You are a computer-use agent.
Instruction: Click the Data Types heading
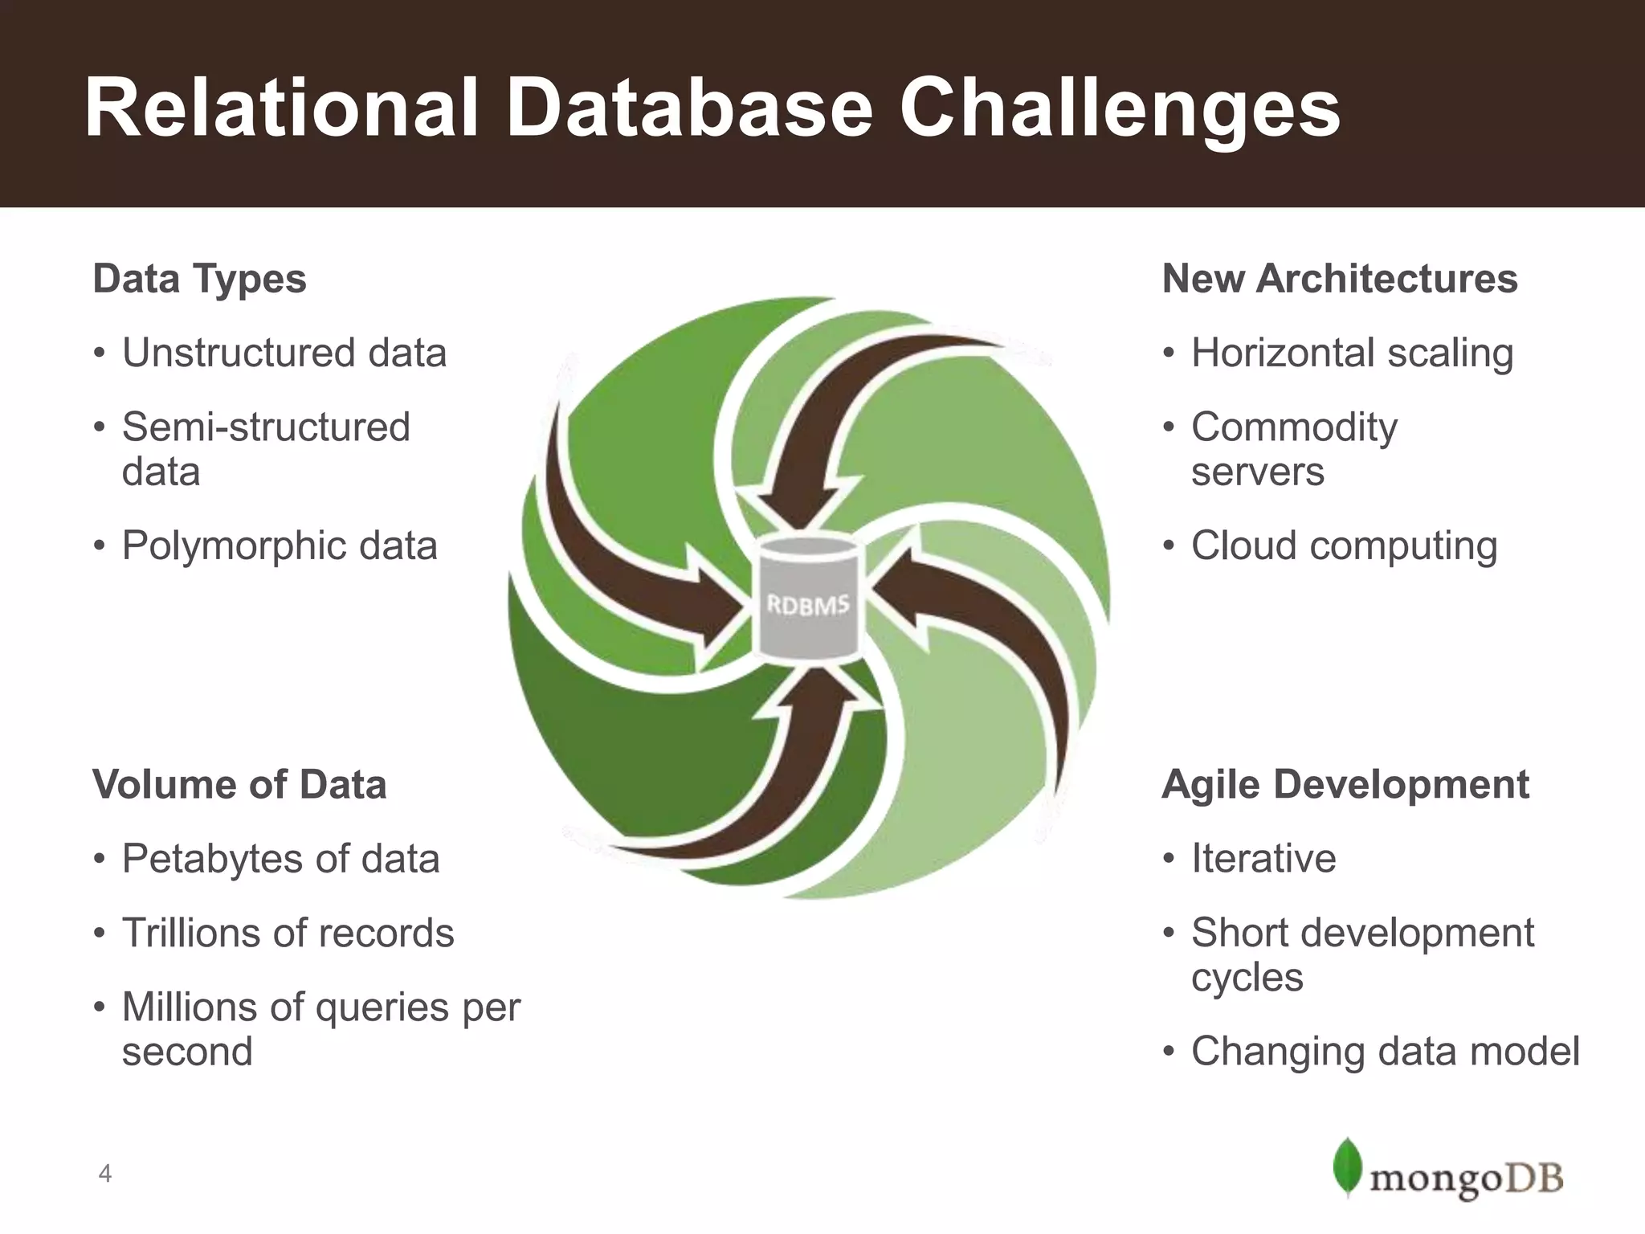click(x=199, y=279)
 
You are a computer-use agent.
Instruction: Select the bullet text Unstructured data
click(x=284, y=353)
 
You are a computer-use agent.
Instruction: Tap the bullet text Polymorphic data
click(x=280, y=545)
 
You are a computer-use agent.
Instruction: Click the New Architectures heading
click(x=1340, y=279)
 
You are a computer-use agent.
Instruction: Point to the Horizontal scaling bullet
click(x=1352, y=353)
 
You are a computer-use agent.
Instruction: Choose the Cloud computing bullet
click(x=1344, y=545)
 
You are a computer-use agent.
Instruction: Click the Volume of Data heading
click(x=239, y=784)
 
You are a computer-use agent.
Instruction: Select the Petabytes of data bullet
click(x=280, y=858)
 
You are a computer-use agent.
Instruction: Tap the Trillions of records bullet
click(x=288, y=933)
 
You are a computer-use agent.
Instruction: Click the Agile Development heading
click(x=1345, y=784)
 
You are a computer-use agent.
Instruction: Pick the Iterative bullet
click(x=1263, y=858)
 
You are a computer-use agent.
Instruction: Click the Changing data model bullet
click(x=1385, y=1051)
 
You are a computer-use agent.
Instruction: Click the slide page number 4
click(x=104, y=1174)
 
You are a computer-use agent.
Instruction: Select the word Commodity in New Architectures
click(x=1294, y=427)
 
